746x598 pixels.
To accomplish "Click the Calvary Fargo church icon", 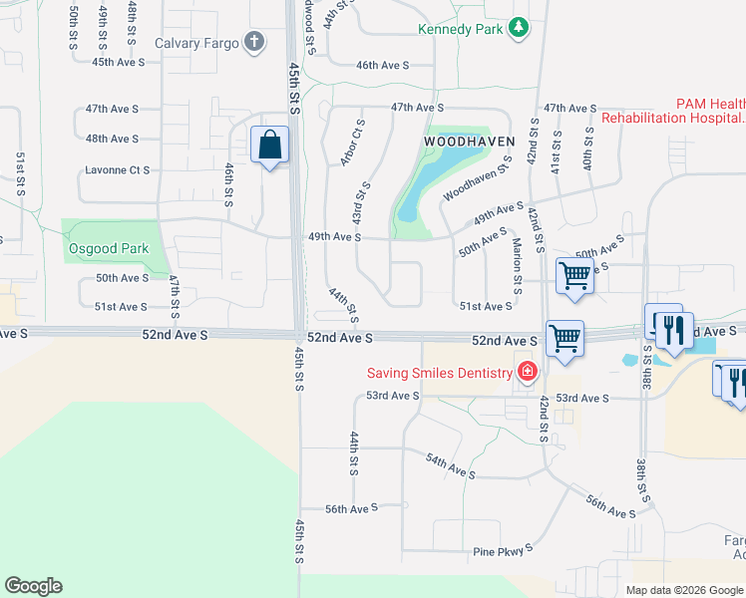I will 255,42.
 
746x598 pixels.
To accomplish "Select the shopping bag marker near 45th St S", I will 269,146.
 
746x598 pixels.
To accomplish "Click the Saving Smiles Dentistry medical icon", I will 527,373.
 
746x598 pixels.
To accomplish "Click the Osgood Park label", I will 109,247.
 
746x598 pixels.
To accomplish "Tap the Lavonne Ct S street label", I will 117,170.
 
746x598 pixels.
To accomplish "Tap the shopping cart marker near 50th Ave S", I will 575,275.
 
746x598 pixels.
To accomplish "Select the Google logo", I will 33,586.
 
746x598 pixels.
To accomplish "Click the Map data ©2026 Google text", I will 684,590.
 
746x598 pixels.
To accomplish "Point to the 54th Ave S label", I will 449,464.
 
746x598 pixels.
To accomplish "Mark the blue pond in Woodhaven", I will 440,169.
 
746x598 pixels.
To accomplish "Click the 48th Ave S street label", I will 112,139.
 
